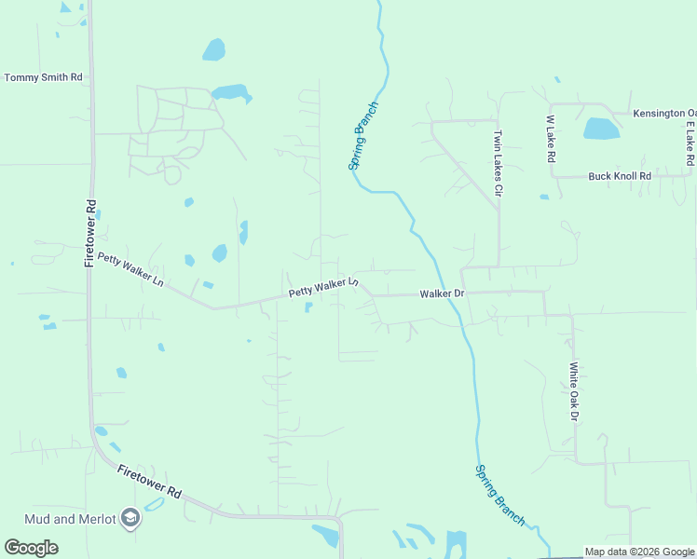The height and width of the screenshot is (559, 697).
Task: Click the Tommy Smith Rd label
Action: click(43, 77)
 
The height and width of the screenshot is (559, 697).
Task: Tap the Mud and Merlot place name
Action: click(71, 518)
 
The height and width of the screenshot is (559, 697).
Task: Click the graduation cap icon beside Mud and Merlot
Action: click(131, 518)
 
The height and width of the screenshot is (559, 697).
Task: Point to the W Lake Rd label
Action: click(550, 141)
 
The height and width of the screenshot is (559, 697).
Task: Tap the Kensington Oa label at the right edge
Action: click(663, 114)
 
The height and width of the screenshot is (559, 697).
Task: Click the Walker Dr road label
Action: click(442, 293)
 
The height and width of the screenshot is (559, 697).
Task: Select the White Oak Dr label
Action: click(574, 391)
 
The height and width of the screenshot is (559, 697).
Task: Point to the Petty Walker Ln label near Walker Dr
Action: click(322, 287)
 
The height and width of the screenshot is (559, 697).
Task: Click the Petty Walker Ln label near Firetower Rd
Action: click(130, 269)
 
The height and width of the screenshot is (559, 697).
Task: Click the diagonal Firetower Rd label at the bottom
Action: click(149, 481)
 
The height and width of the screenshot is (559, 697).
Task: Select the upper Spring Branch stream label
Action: click(362, 135)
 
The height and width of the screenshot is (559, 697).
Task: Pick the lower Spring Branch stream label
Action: click(500, 494)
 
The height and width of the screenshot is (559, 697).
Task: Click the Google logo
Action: click(31, 548)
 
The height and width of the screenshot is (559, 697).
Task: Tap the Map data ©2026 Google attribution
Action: click(640, 552)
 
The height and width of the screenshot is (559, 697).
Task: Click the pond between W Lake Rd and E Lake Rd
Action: click(601, 129)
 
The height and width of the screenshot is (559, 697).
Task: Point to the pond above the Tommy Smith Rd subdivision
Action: click(213, 48)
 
